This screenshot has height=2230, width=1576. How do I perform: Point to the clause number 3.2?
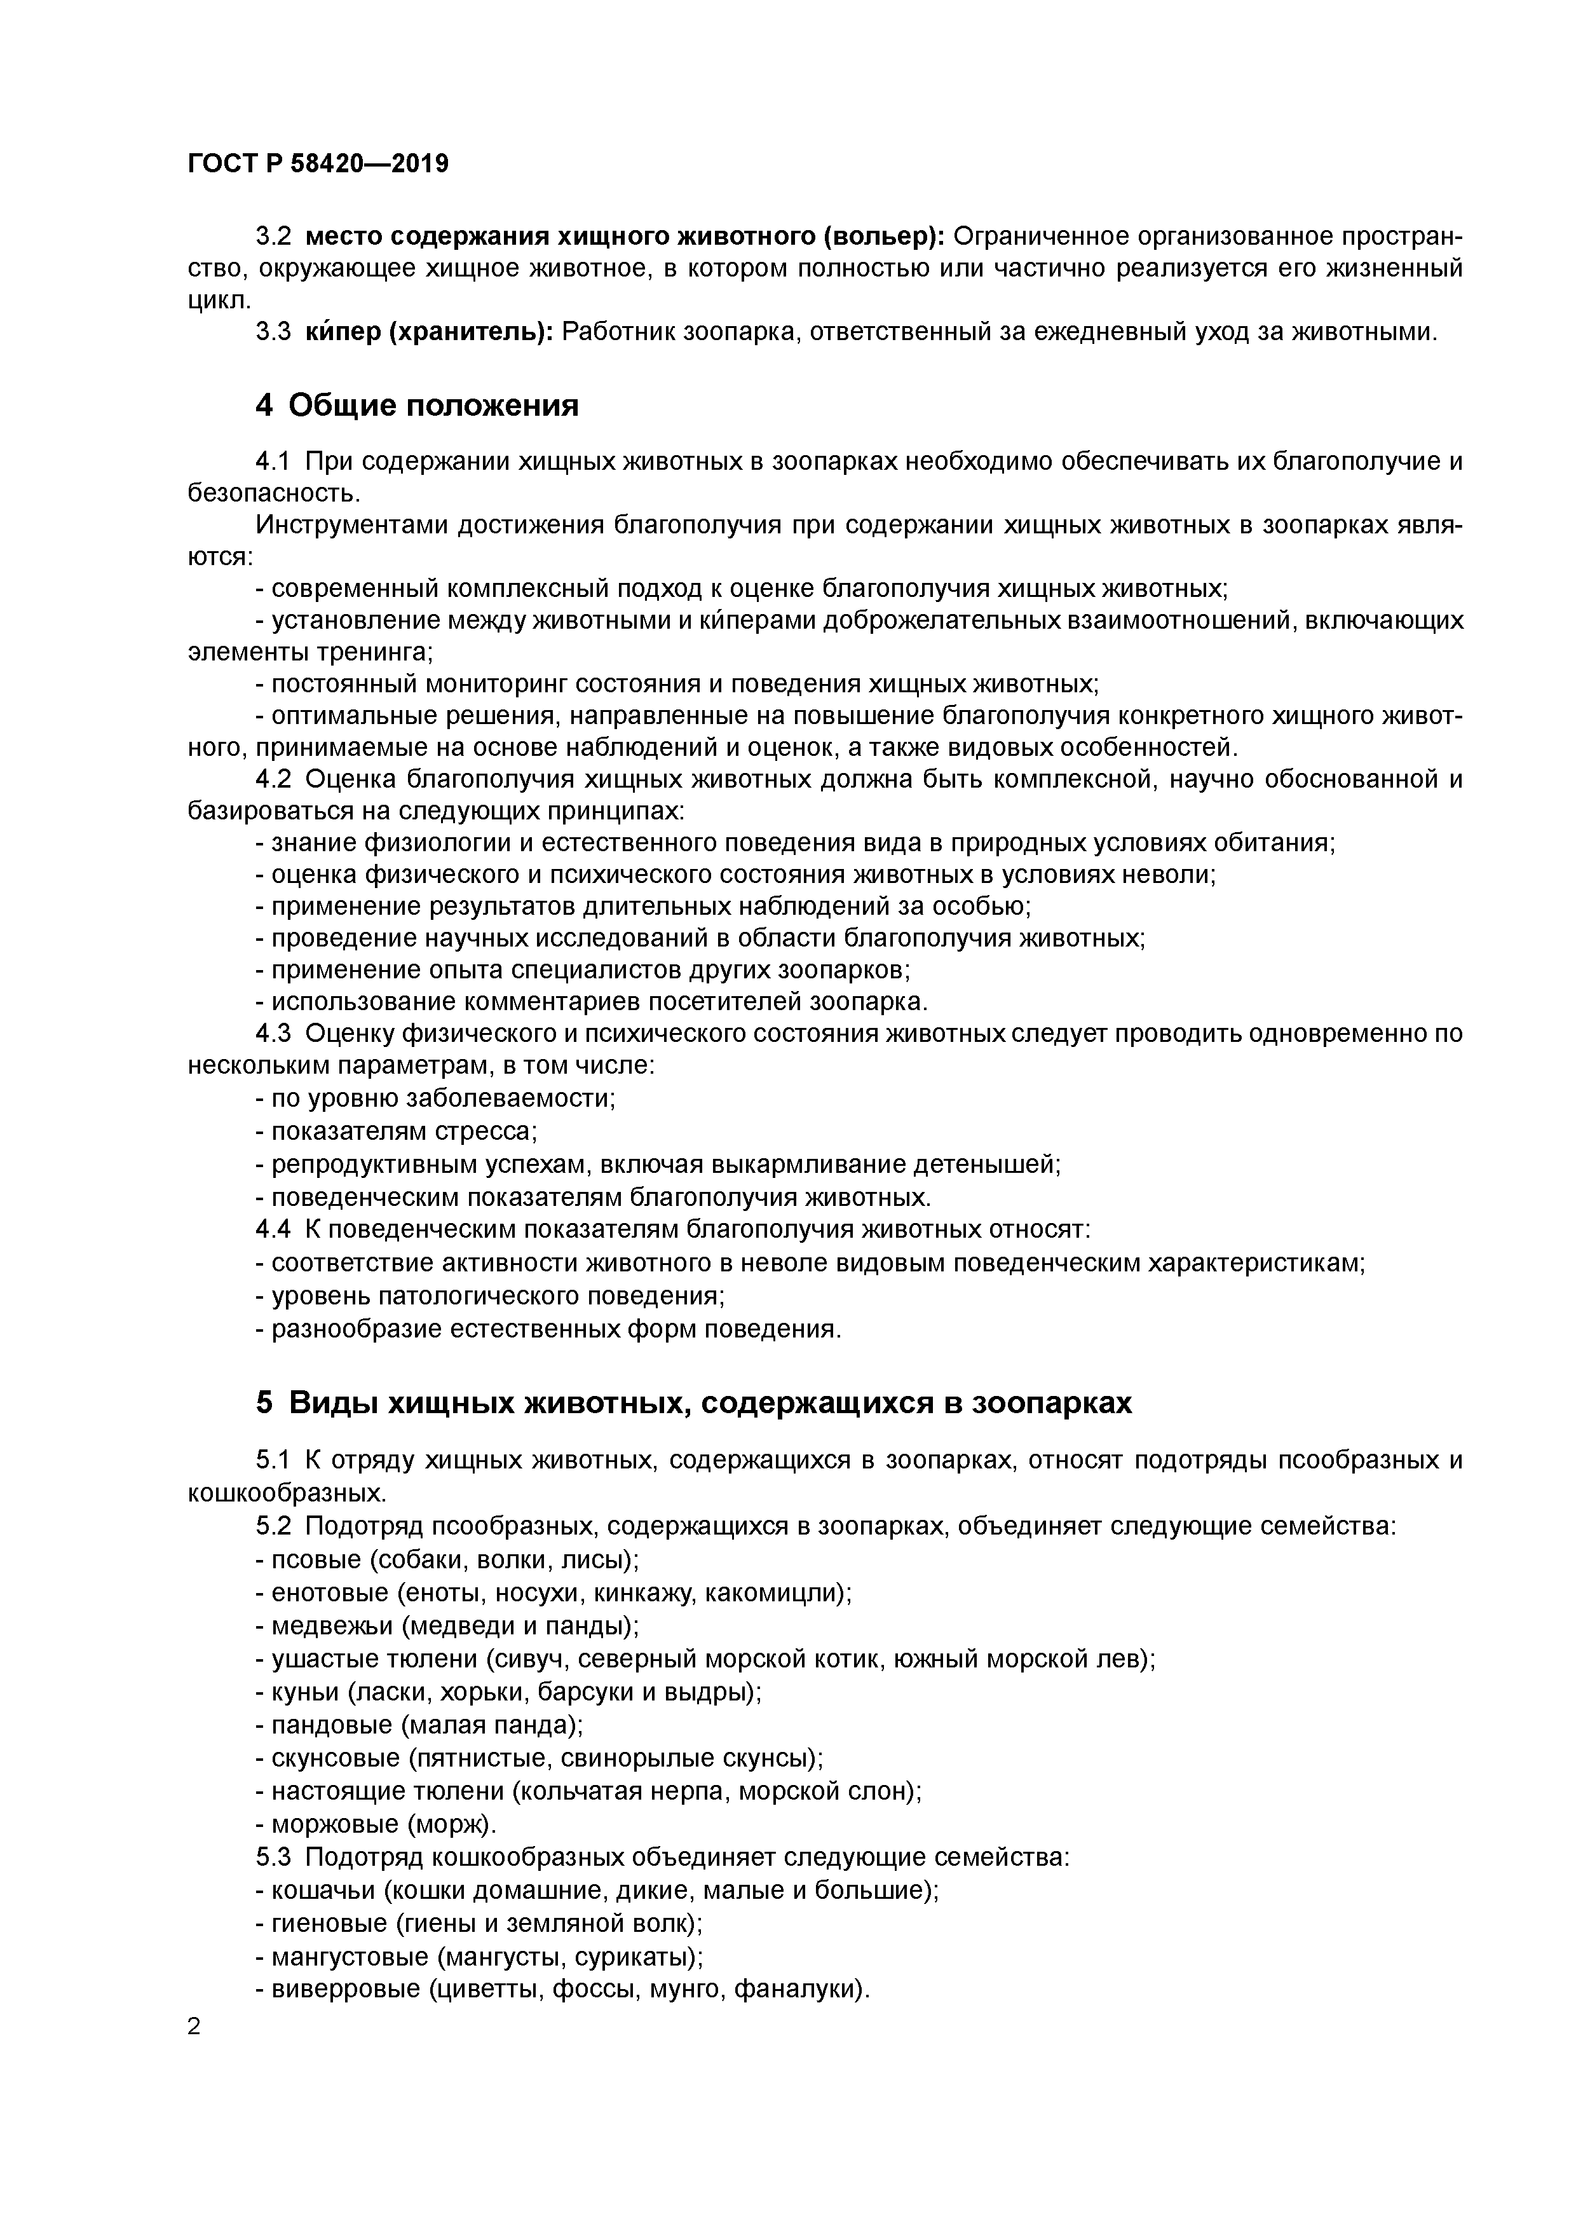point(273,237)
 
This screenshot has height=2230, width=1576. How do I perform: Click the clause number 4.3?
point(273,1034)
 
